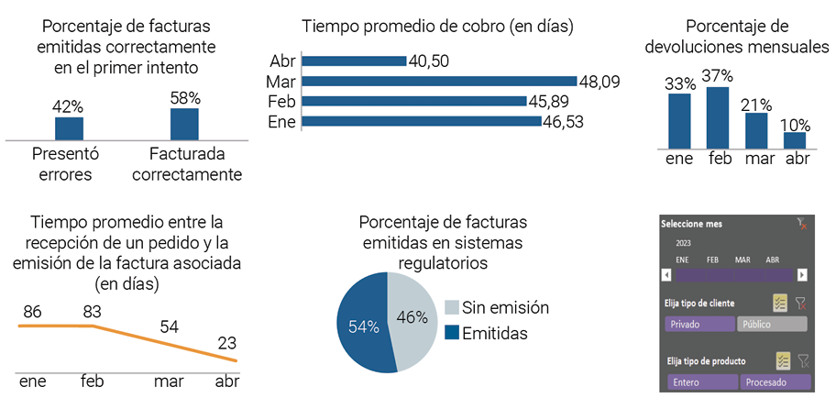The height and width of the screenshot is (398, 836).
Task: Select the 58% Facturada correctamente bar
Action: click(184, 124)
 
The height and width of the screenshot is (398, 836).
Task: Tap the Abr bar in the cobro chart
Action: click(353, 61)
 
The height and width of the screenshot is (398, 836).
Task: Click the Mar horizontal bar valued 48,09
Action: click(438, 82)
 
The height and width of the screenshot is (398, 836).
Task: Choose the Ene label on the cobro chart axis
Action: click(281, 121)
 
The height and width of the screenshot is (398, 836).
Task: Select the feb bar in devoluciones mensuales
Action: click(718, 117)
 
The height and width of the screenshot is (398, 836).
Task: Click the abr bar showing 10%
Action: click(795, 139)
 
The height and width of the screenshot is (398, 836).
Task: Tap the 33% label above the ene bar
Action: click(679, 83)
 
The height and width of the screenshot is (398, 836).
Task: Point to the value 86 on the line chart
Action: click(33, 312)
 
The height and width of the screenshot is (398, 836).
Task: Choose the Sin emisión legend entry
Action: click(496, 308)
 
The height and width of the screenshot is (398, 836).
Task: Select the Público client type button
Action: click(773, 324)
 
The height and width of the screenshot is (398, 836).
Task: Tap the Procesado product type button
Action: click(775, 381)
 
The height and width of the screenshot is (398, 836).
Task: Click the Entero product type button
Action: click(699, 381)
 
